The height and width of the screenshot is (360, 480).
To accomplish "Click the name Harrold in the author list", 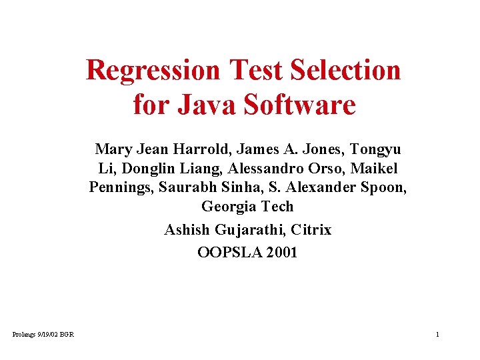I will (x=192, y=149).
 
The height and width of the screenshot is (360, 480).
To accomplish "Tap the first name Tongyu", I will (x=375, y=149).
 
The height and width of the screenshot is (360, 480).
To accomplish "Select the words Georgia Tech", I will (x=247, y=207).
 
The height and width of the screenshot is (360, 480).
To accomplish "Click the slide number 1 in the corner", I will (x=437, y=334).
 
